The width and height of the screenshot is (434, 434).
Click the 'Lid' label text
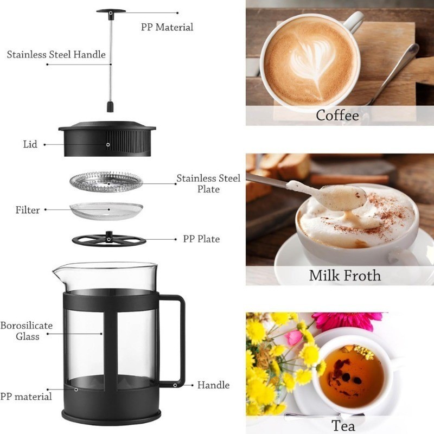[x=30, y=144]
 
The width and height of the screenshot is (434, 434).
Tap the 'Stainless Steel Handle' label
[x=56, y=54]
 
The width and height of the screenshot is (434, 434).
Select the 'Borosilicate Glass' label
[x=26, y=331]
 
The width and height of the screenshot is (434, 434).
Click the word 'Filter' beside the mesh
[x=27, y=210]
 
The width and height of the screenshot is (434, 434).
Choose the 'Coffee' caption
[x=337, y=115]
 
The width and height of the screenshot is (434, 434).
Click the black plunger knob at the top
[x=112, y=11]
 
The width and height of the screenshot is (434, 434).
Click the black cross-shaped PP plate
[x=109, y=239]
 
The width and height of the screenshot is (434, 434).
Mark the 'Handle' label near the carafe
[x=213, y=385]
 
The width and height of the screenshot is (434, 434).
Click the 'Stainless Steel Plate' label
[x=208, y=183]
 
